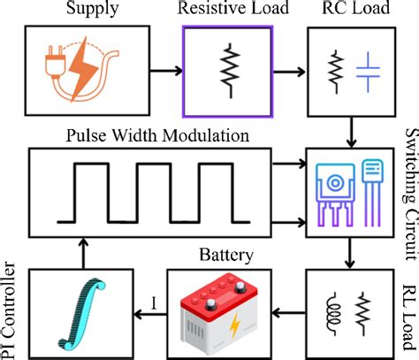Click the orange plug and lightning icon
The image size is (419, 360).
tap(77, 68)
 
